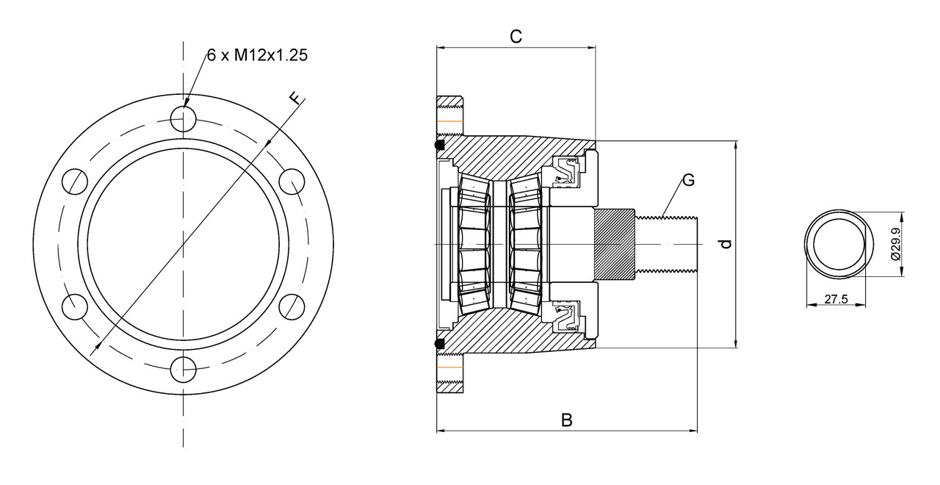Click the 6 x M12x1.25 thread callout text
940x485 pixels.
(256, 56)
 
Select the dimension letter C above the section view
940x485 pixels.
(516, 37)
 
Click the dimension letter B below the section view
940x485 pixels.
(566, 420)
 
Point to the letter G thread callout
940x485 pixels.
(688, 179)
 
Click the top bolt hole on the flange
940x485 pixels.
(183, 118)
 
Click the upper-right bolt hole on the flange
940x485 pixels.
(292, 181)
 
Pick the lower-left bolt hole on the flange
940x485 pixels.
(74, 306)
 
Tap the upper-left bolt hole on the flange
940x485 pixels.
(74, 181)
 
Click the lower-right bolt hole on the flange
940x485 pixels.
(292, 306)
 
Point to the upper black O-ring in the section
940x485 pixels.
(439, 146)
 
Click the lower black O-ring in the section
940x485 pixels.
(439, 343)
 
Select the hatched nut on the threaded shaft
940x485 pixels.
(613, 244)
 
